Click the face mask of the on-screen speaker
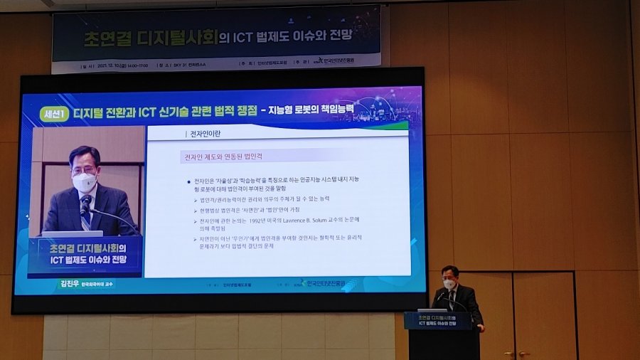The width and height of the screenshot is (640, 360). pos(85,181)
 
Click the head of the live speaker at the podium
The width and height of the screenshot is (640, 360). pos(449,276)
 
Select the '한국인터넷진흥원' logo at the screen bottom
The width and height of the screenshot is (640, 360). pos(324,282)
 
